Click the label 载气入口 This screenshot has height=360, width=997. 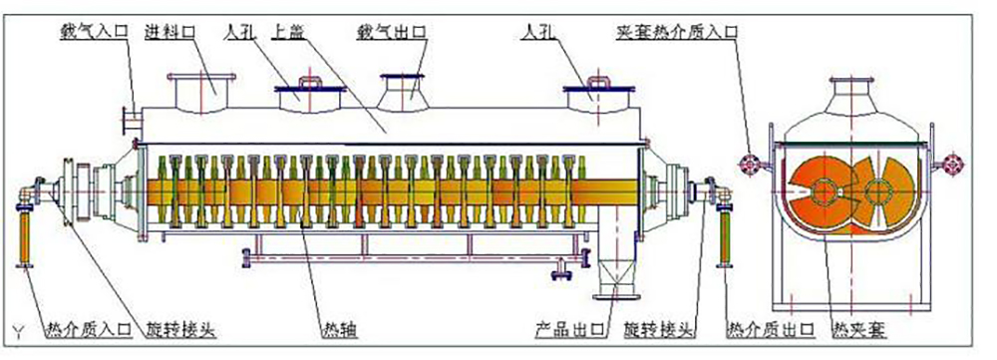click(x=92, y=31)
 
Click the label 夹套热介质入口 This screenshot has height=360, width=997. click(x=675, y=31)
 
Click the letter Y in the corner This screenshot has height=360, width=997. click(x=17, y=328)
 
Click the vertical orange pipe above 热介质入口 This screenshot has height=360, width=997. click(x=26, y=234)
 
